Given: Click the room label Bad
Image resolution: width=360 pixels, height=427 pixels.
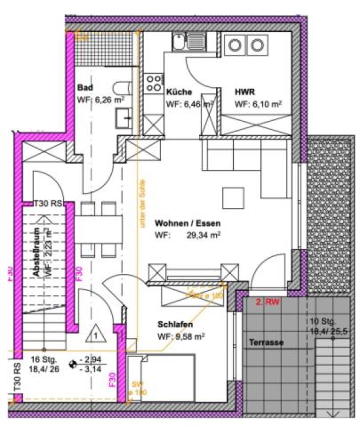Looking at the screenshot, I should (85, 88).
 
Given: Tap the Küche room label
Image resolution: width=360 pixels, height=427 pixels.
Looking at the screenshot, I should (178, 92).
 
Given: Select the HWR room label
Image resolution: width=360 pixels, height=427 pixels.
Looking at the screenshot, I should (244, 92).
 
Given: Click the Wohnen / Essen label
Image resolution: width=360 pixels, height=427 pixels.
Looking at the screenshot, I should (187, 223).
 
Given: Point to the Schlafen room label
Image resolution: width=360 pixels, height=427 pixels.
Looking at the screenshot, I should (176, 325).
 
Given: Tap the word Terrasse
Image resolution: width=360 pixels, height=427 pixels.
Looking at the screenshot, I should (266, 342).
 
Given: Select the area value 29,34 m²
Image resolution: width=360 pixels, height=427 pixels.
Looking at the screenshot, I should (203, 236).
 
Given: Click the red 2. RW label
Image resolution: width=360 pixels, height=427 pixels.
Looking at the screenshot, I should (268, 302).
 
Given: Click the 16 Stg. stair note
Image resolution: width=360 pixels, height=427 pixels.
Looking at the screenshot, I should (44, 360).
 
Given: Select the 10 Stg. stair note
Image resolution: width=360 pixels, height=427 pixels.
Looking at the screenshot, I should (323, 321).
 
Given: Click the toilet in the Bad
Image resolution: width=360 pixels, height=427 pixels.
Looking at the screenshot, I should (125, 90).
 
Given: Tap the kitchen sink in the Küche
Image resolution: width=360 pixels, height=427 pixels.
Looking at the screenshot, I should (183, 41).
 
